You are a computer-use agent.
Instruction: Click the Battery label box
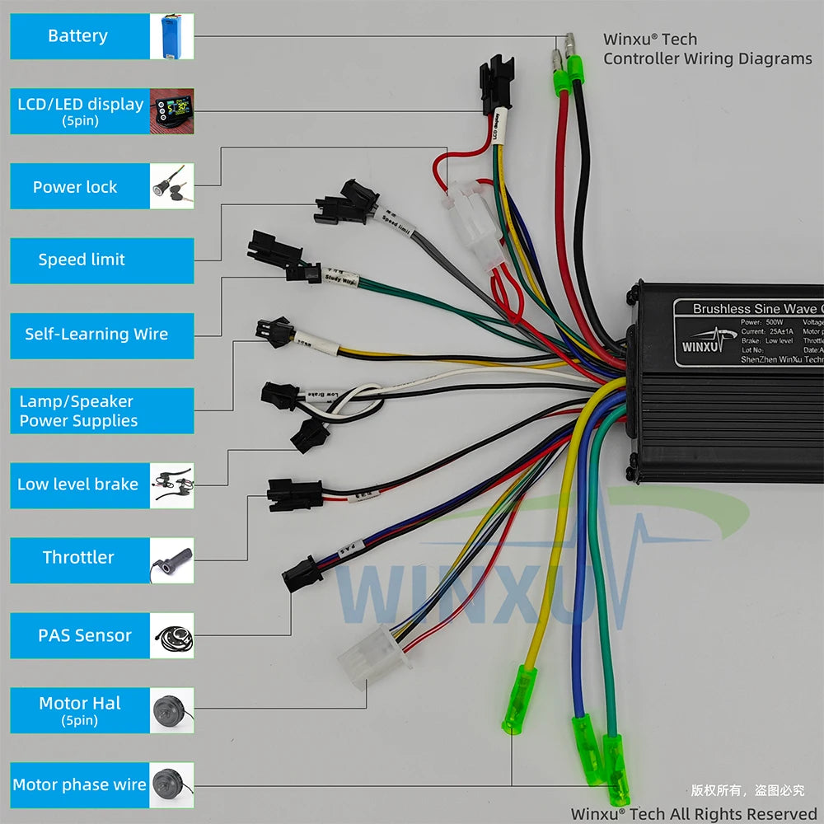[x=79, y=36]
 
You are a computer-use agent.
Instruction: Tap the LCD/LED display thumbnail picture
[x=171, y=111]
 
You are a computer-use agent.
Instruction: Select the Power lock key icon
[x=171, y=186]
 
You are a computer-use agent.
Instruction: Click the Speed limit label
[x=81, y=260]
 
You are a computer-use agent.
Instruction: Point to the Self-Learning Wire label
[x=96, y=335]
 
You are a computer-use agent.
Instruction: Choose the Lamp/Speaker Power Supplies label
[x=79, y=411]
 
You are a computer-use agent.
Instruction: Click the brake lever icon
[x=171, y=485]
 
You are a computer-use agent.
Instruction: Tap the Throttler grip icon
[x=171, y=560]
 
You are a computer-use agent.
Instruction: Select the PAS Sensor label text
[x=84, y=635]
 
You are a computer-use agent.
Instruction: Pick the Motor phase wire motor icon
[x=171, y=784]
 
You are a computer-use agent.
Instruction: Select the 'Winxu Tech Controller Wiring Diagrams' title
[x=706, y=49]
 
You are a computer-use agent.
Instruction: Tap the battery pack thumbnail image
[x=171, y=36]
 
